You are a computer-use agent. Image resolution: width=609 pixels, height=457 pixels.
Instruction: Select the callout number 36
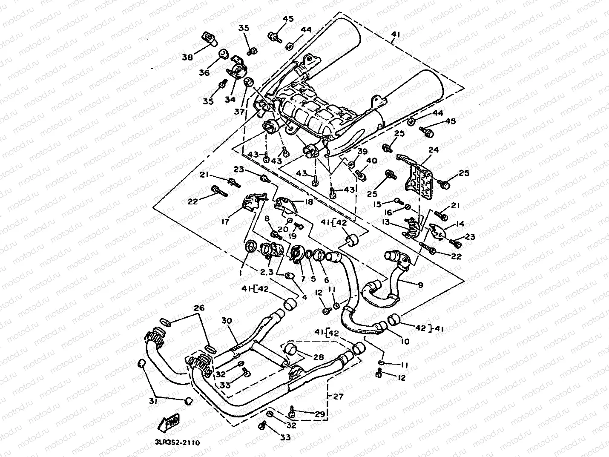(204, 73)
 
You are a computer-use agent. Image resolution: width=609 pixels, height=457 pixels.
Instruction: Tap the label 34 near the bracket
(230, 99)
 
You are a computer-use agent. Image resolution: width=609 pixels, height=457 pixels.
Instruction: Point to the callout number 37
(239, 112)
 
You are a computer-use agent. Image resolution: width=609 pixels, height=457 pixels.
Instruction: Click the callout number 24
(434, 150)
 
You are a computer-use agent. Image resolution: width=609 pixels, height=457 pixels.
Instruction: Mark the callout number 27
(338, 397)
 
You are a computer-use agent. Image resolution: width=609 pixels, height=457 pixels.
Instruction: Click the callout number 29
(319, 414)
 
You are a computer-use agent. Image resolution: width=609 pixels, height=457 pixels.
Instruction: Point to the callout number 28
(318, 356)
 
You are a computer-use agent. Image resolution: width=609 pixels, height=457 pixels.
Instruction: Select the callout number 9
(420, 285)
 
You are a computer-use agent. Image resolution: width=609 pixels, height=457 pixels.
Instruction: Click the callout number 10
(405, 341)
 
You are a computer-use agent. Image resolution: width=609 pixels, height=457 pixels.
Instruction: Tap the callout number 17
(225, 221)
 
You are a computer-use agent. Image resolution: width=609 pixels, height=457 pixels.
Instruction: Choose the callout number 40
(372, 161)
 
